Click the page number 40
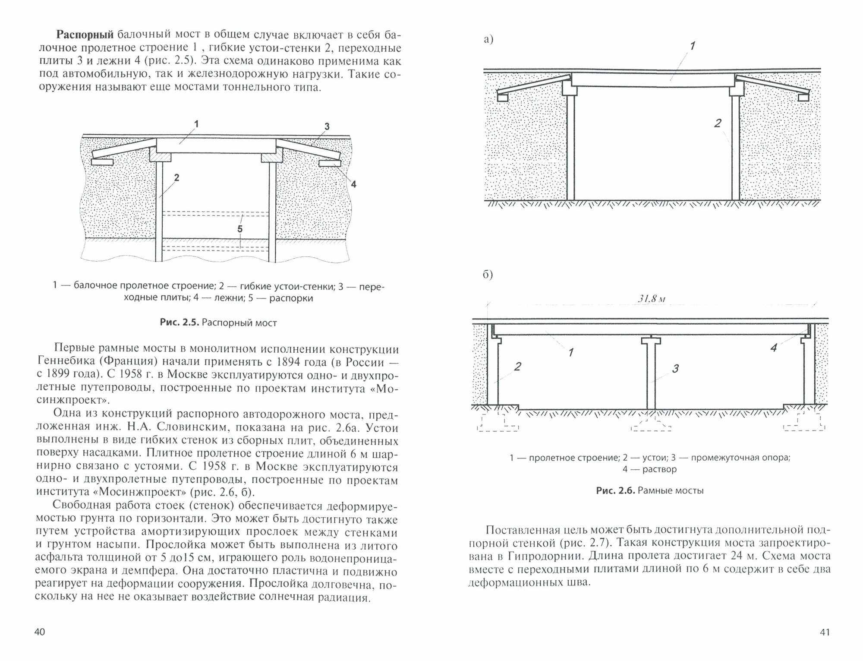coord(39,633)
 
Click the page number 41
coord(824,633)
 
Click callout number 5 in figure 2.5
coord(240,229)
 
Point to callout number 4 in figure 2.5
coord(353,184)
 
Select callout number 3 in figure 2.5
coord(327,127)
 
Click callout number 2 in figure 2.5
coord(176,177)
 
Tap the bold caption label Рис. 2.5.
coord(179,323)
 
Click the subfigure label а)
coord(488,40)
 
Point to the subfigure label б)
coord(488,275)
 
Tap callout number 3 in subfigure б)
coord(675,368)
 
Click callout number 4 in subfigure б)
coord(773,348)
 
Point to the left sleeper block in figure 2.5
coord(102,162)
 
